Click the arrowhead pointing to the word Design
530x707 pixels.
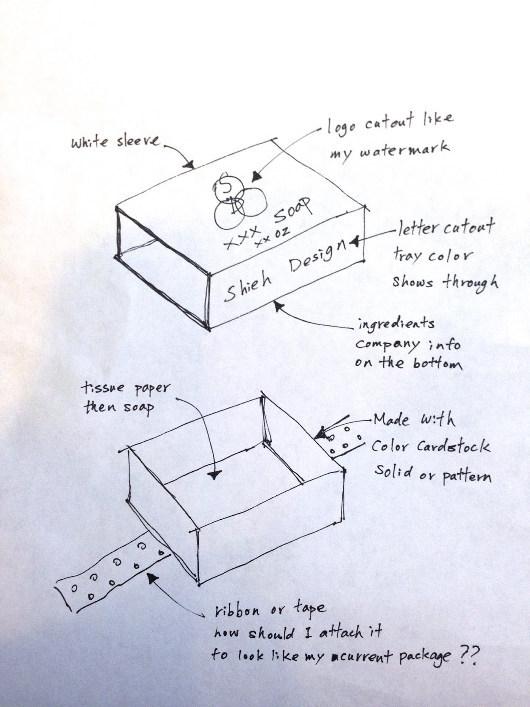click(x=353, y=242)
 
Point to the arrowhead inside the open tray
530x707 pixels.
click(x=215, y=475)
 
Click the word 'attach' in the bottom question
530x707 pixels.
click(x=345, y=634)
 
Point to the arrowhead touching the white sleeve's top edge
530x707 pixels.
click(x=190, y=166)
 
